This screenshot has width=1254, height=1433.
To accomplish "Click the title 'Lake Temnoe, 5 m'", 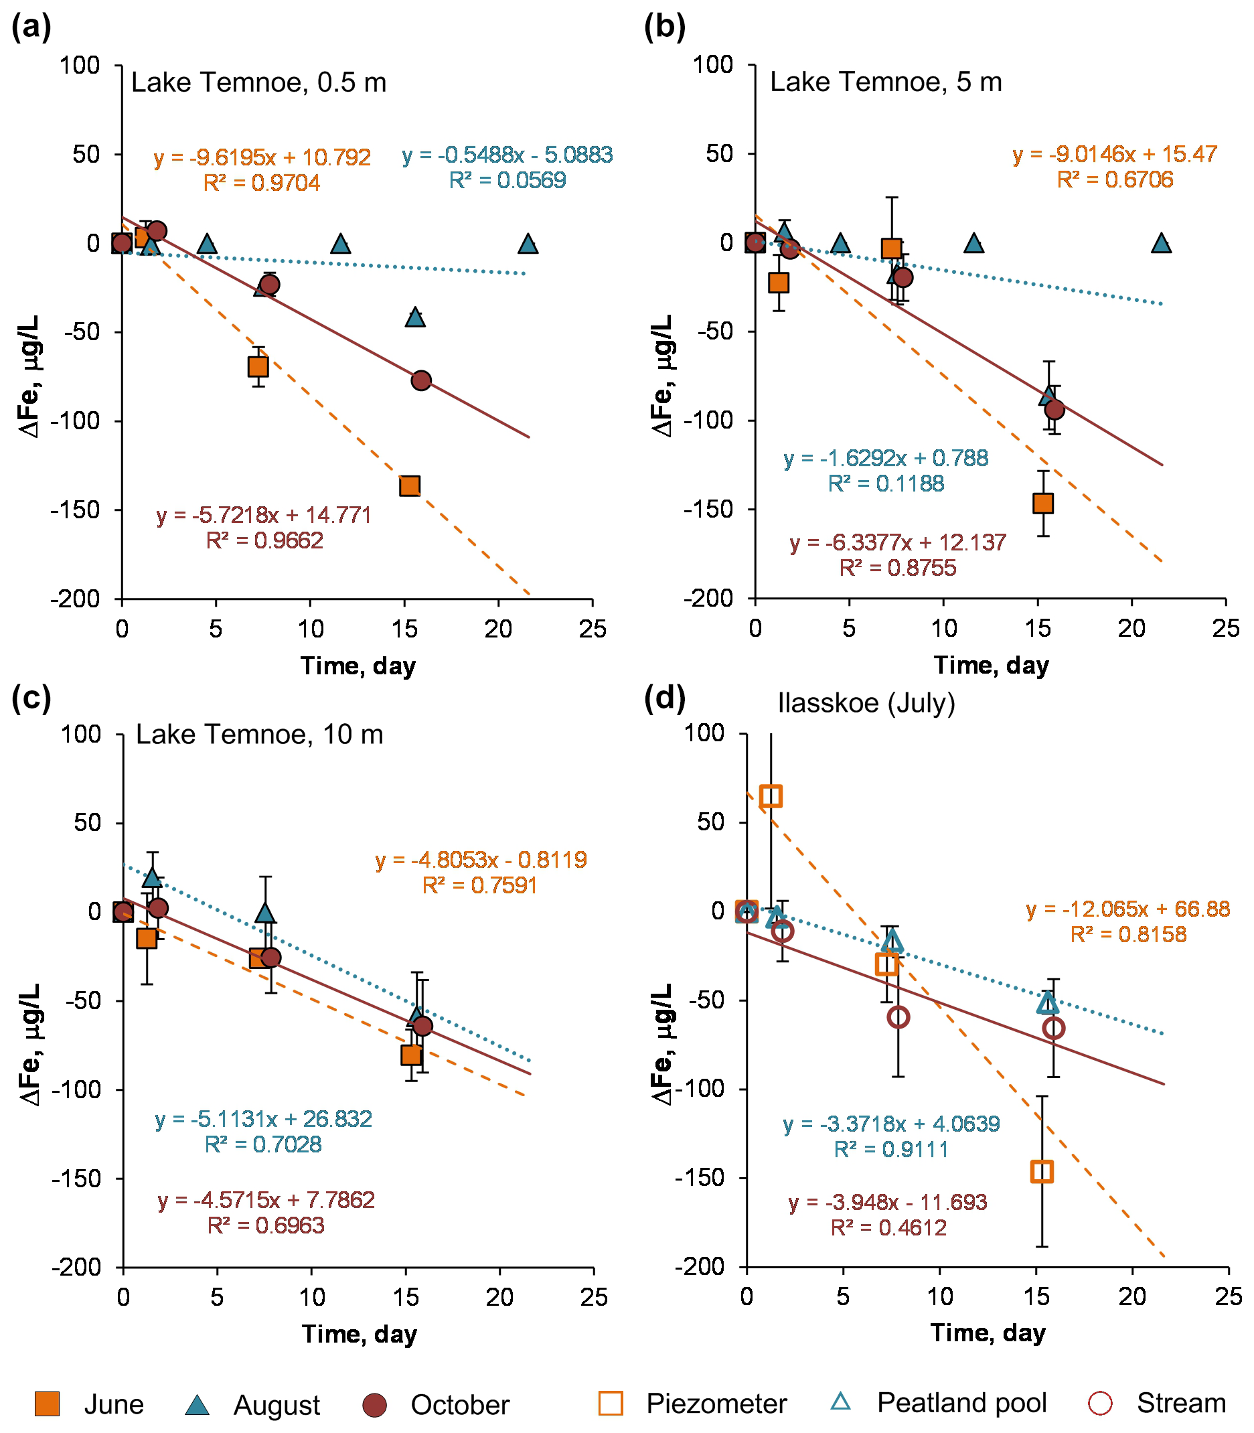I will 885,82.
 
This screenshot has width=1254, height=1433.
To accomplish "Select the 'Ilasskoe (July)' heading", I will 866,702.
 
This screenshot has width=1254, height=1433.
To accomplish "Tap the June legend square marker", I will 48,1404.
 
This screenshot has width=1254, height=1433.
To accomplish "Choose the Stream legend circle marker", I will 1100,1403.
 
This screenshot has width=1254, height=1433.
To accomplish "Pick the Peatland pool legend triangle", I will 840,1402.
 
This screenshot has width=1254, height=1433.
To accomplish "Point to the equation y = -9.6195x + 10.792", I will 262,157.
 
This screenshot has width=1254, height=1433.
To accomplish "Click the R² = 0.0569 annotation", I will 507,181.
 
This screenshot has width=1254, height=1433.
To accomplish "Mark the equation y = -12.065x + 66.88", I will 1128,909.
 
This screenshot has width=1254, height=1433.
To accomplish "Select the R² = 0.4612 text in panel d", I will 888,1227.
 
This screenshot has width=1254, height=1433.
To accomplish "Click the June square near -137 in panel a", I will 410,485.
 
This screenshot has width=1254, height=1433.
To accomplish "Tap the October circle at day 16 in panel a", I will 420,380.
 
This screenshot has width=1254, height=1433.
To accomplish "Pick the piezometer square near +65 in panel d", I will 771,796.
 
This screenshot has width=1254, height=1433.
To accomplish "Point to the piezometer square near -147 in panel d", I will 1042,1172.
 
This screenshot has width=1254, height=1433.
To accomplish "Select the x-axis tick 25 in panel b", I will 1225,628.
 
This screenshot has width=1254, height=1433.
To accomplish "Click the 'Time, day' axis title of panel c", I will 359,1335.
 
